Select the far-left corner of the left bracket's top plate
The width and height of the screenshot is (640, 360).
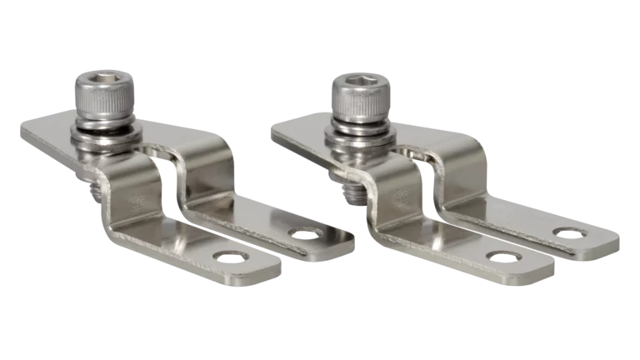point(20,132)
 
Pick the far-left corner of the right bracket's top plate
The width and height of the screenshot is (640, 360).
point(271,129)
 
